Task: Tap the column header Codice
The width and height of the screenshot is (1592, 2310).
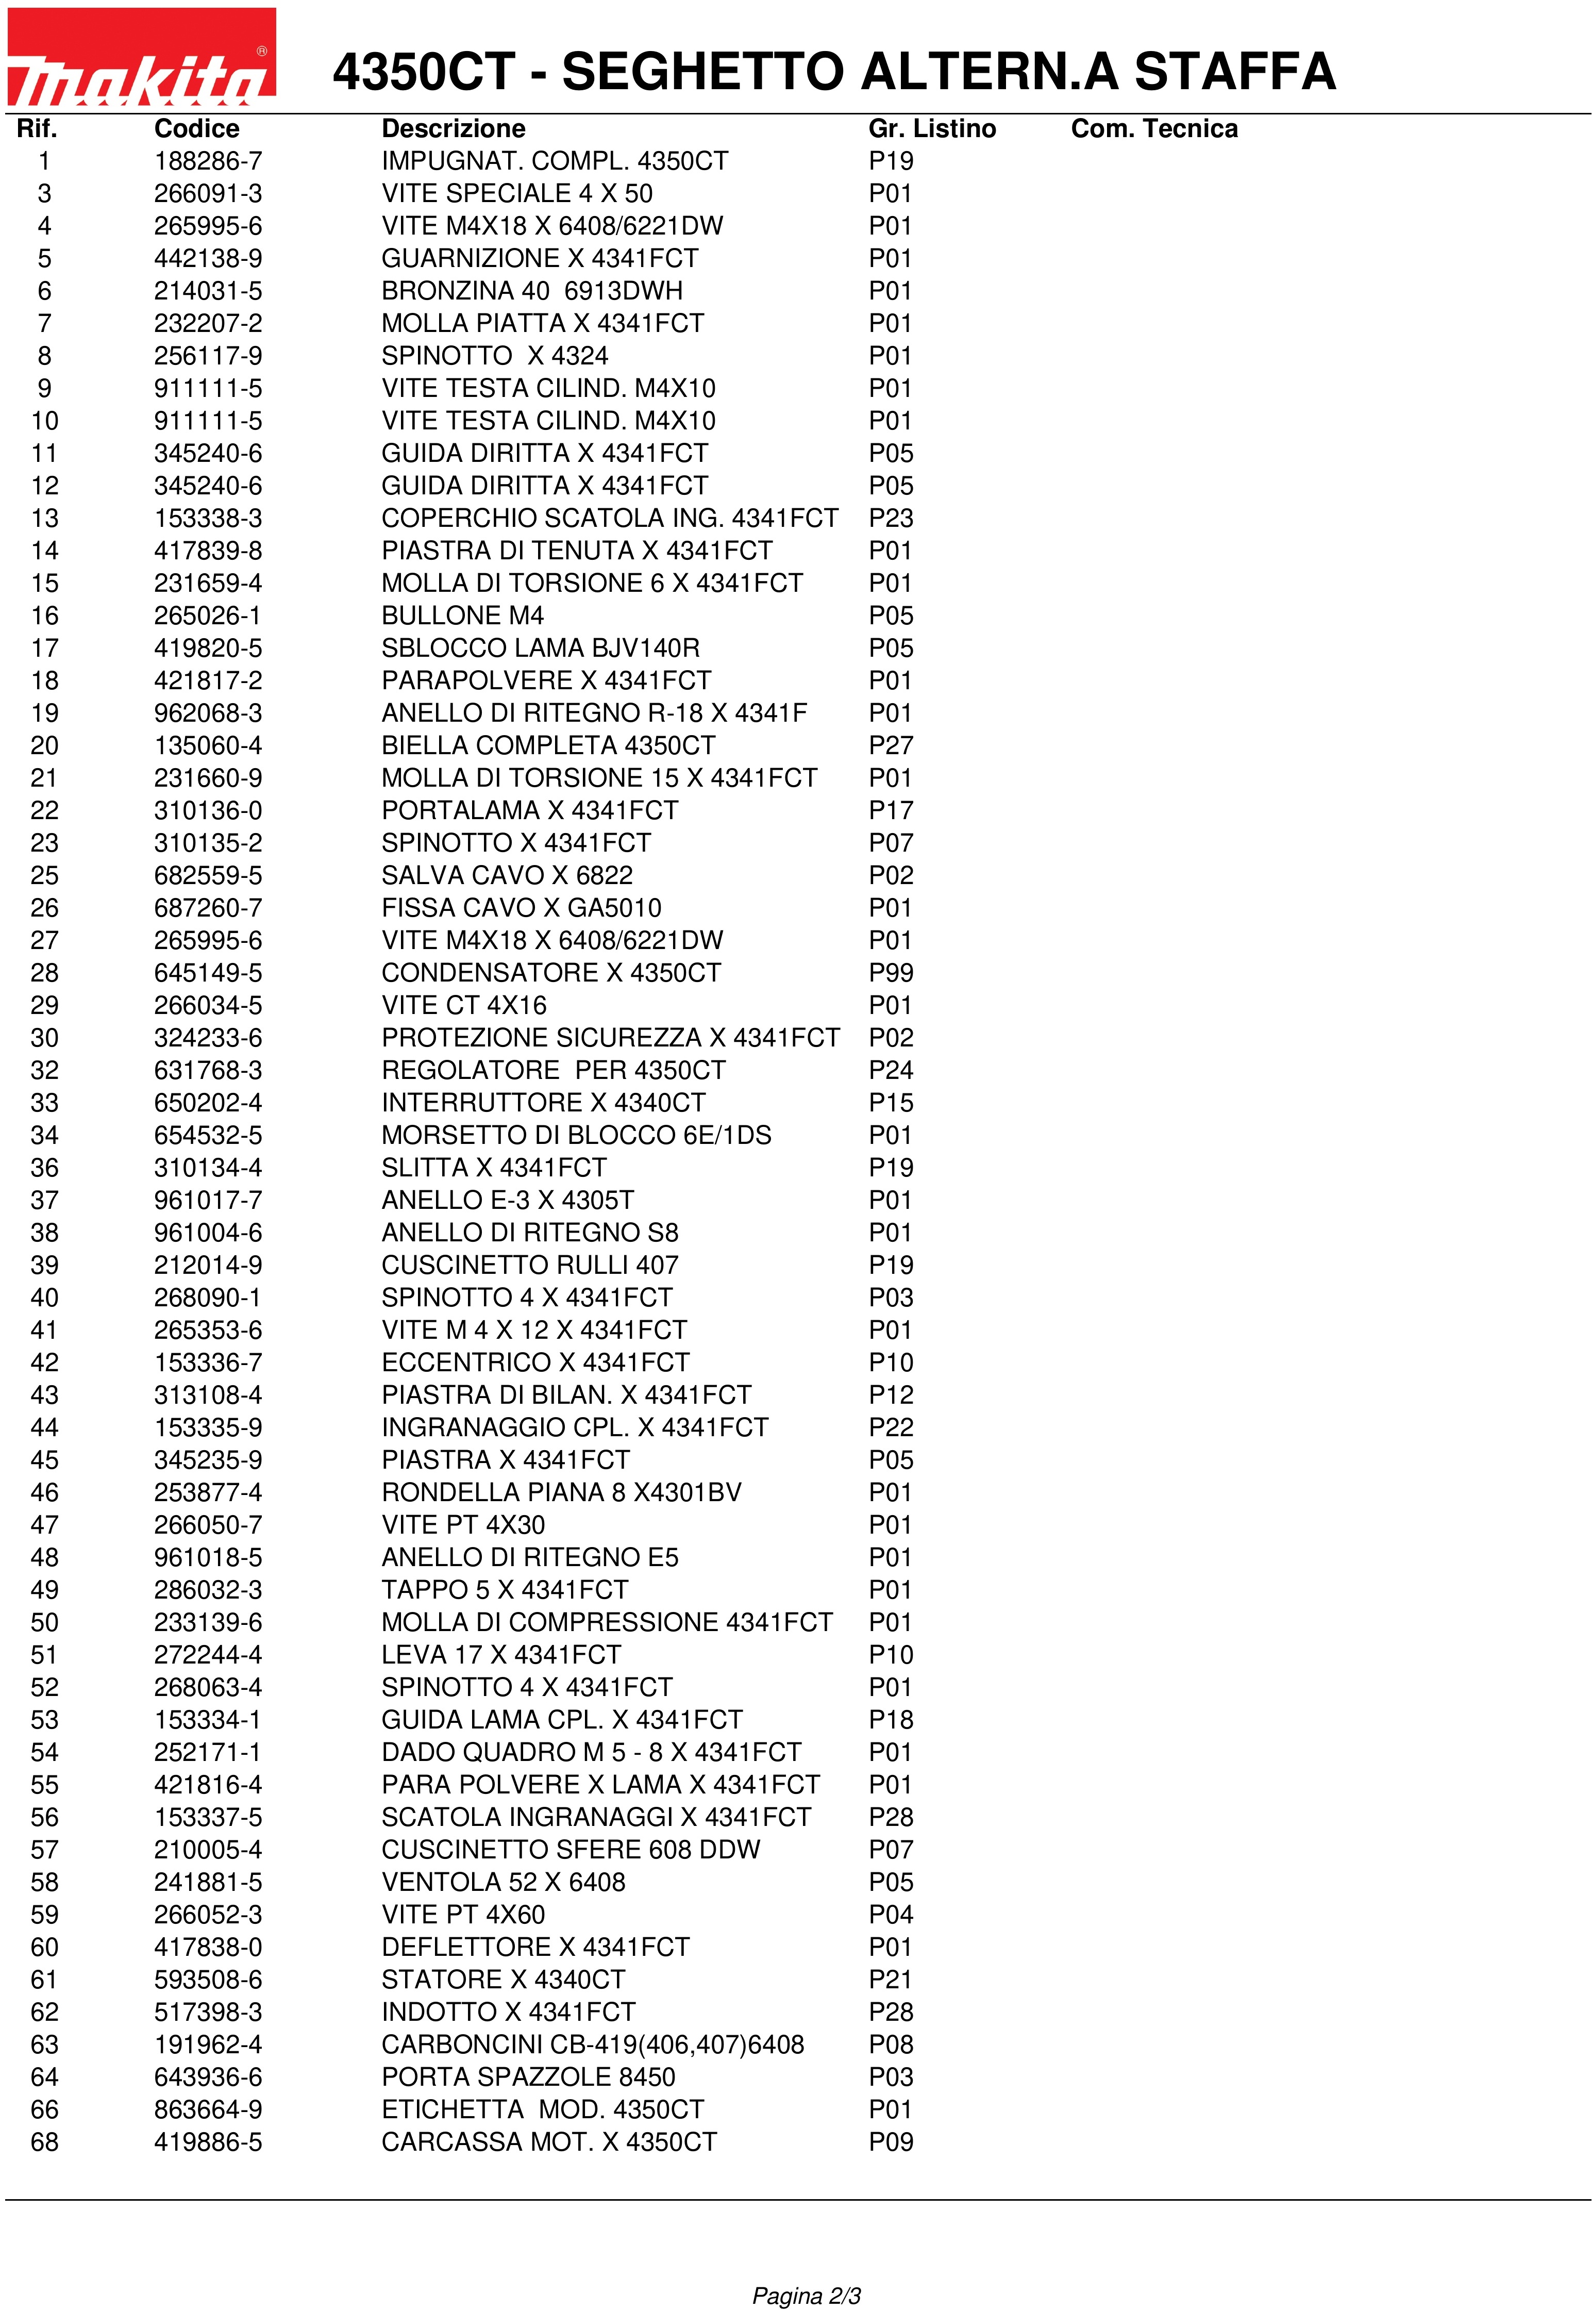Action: point(196,129)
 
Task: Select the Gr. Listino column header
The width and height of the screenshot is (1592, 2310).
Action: point(932,129)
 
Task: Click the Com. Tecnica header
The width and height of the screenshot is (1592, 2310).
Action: point(1154,129)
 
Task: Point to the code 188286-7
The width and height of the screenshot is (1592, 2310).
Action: point(208,162)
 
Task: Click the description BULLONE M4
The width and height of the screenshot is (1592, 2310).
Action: point(462,616)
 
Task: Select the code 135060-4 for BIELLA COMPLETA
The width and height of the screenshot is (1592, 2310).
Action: point(208,745)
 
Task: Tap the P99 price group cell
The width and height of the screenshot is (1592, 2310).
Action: point(891,973)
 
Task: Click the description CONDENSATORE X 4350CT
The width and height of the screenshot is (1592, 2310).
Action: point(550,973)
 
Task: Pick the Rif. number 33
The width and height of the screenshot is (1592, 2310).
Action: point(44,1103)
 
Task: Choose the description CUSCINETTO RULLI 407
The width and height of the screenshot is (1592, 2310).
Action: point(530,1265)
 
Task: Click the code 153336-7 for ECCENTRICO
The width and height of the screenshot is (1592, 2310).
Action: point(208,1362)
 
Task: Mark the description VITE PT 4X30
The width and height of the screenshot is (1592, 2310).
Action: point(463,1525)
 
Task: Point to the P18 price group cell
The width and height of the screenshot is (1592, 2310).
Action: point(891,1719)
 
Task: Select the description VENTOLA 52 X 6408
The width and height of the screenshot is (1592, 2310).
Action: point(502,1882)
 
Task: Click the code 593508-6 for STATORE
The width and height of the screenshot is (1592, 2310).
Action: point(208,1979)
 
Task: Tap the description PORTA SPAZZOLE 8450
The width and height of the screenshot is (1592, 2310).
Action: point(528,2076)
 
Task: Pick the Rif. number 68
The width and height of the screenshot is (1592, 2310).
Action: point(44,2141)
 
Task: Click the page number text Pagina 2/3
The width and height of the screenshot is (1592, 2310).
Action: point(806,2288)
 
